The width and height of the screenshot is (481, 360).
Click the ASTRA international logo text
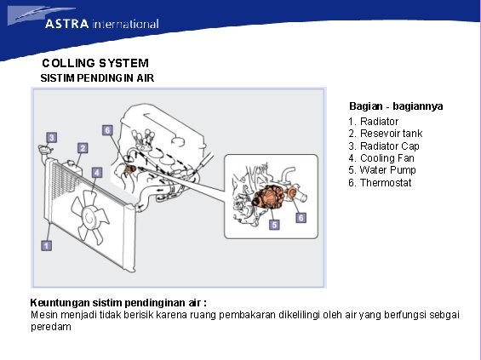102,24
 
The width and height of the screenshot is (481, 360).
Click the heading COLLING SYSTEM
95,63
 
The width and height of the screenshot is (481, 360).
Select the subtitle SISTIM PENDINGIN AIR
97,78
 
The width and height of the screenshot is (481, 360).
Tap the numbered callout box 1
46,245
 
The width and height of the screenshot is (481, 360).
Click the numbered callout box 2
83,148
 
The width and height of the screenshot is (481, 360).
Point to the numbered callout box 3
52,137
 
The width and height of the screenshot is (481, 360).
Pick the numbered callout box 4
97,172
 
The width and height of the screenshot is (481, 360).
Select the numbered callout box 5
274,225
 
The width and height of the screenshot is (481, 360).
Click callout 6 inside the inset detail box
301,218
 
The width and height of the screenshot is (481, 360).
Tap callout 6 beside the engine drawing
107,130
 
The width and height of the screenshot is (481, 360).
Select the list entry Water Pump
382,170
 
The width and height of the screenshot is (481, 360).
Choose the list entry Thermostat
380,183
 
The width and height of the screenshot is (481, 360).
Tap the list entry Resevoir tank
386,134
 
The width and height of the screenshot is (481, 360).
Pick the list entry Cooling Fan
381,158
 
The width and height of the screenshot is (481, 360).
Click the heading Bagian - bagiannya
396,106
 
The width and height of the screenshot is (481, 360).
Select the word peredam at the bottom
51,327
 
